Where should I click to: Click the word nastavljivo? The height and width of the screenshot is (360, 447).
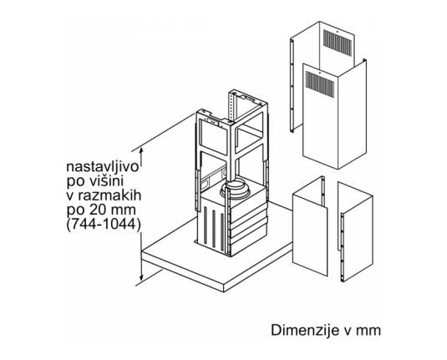[102, 167]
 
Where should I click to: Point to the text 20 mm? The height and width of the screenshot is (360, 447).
[113, 210]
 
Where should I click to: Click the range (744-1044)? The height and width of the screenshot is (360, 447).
[104, 225]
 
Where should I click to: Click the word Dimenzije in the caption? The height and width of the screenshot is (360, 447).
[303, 331]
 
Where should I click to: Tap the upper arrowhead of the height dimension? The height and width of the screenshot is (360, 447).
[141, 151]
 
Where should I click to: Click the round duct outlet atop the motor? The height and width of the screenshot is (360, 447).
[236, 189]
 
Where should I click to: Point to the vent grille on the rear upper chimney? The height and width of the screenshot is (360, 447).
[337, 43]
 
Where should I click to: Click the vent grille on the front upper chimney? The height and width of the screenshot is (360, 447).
[320, 84]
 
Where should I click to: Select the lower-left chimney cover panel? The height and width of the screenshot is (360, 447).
[310, 226]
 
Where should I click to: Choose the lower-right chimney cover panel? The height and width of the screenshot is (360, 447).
[355, 231]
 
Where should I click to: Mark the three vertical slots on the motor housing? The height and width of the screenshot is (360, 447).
[214, 226]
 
